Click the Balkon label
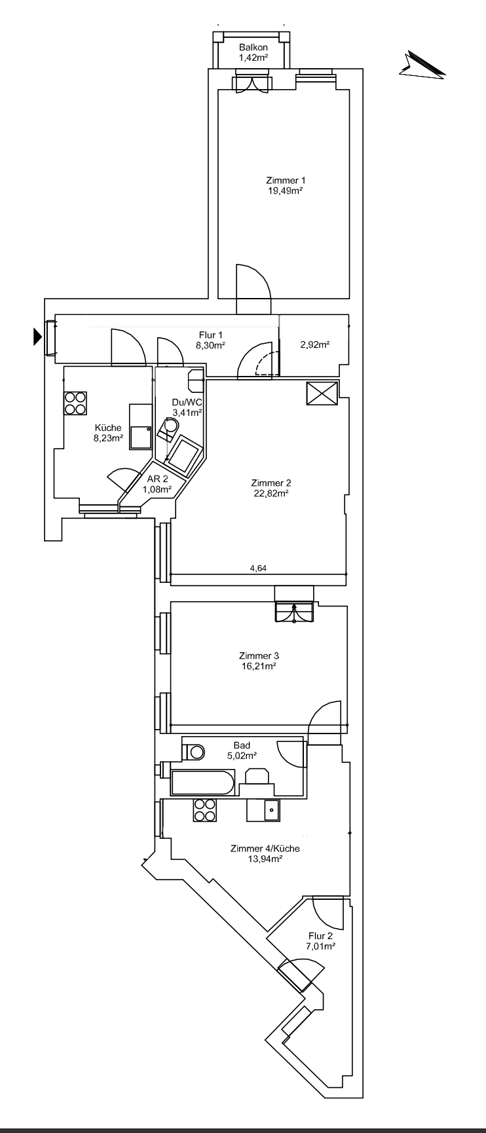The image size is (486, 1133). [252, 48]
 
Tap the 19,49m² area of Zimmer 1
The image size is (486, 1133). [285, 191]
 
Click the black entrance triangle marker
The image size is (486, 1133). [37, 337]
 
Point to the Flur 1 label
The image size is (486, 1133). [212, 335]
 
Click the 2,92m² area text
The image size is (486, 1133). [314, 345]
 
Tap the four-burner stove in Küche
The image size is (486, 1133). [76, 402]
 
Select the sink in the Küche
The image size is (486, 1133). [140, 436]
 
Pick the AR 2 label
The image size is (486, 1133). [157, 479]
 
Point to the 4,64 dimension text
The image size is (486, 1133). [258, 568]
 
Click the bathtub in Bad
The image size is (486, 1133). [202, 783]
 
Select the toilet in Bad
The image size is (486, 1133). [195, 752]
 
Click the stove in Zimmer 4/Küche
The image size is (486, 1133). [204, 810]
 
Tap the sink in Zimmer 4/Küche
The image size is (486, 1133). [271, 811]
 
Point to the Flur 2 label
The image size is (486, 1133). [321, 936]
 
